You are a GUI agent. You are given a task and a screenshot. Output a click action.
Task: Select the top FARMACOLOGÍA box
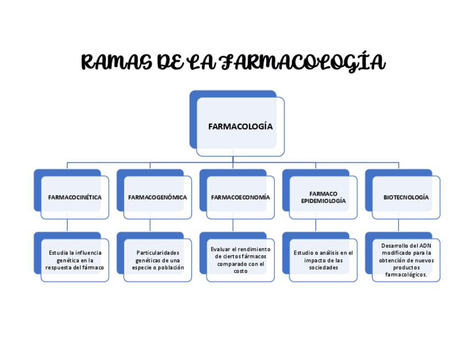(x=240, y=126)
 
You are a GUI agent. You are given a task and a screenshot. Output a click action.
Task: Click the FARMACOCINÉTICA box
(x=75, y=197)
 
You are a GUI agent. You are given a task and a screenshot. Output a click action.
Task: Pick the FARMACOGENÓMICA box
(x=157, y=197)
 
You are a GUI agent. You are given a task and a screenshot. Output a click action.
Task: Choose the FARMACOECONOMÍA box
(x=240, y=197)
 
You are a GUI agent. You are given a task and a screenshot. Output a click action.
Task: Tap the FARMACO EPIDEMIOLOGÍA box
(x=323, y=197)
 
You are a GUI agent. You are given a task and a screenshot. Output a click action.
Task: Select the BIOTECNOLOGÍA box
(x=406, y=197)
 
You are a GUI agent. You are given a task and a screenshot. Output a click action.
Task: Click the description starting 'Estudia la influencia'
(x=75, y=260)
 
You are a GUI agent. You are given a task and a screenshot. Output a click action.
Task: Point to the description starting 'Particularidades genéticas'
(x=158, y=260)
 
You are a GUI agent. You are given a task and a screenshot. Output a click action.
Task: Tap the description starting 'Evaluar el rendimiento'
(x=240, y=260)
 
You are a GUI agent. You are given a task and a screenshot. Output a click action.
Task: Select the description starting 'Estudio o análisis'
(x=323, y=260)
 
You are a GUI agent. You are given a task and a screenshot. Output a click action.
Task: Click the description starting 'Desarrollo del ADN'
(x=406, y=260)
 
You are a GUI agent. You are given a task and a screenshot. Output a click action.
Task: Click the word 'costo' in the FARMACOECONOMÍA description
(x=240, y=271)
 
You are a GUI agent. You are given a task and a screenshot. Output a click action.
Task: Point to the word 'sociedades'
(x=323, y=268)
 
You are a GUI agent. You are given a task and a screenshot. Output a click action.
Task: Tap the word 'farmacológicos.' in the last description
(x=406, y=274)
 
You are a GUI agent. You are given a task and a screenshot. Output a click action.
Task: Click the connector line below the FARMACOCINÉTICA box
(x=68, y=226)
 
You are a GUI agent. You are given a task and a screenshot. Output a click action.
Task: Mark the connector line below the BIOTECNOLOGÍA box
(x=399, y=226)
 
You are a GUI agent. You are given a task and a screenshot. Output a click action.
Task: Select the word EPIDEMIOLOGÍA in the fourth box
(x=323, y=201)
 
